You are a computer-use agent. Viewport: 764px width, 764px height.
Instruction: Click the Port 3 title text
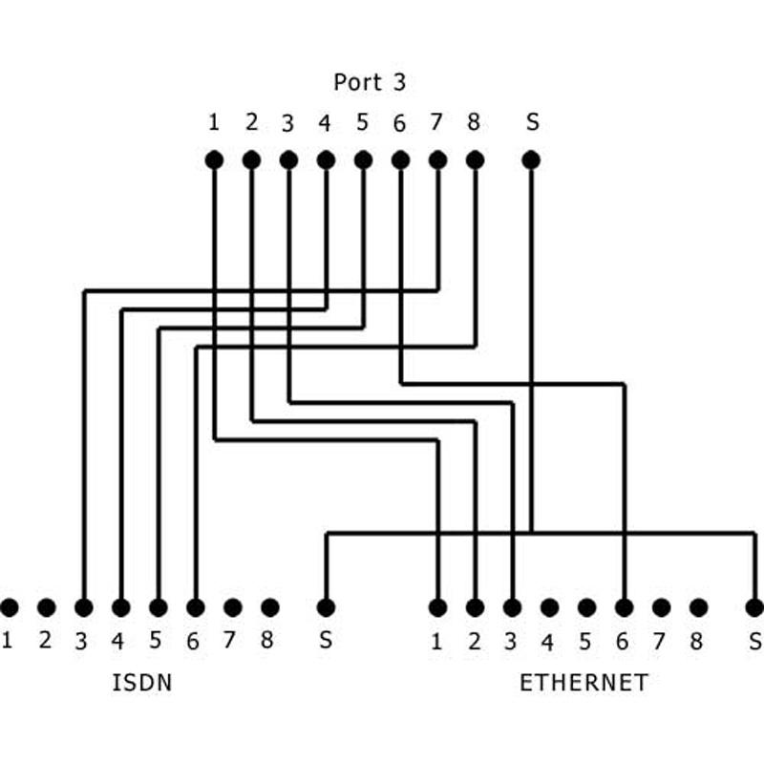pos(370,82)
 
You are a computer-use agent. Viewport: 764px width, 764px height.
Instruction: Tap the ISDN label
pos(142,683)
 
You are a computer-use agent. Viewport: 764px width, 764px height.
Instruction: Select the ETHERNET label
pos(584,683)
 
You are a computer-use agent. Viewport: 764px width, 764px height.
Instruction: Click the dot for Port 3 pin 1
pos(214,160)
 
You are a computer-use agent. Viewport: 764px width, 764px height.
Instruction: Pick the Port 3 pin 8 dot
pos(475,160)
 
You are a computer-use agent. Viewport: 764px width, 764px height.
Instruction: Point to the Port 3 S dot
pos(532,160)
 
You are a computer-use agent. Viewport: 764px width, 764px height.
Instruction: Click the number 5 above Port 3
pos(362,122)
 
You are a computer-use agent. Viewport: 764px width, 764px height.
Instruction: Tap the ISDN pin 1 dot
pos(10,606)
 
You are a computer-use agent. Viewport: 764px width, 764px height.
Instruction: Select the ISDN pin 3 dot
pos(84,606)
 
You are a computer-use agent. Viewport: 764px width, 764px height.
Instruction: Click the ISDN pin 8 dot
pos(270,606)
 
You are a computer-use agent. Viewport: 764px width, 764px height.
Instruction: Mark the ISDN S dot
pos(326,606)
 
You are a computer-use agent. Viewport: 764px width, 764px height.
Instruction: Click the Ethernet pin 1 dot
pos(438,606)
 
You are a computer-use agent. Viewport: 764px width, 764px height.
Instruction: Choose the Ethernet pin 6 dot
pos(625,606)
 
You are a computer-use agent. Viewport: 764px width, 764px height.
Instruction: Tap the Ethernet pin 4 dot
pos(549,606)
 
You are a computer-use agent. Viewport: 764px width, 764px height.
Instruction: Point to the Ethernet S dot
pos(754,606)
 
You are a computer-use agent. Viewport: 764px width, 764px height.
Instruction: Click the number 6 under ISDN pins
pos(193,642)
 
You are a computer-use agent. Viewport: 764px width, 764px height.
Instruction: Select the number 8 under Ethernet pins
pos(697,641)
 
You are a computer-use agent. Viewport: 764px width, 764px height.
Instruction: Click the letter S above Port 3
pos(532,122)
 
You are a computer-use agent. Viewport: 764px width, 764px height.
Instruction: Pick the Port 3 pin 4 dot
pos(326,160)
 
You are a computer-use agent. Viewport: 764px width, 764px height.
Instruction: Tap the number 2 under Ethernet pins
pos(474,641)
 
